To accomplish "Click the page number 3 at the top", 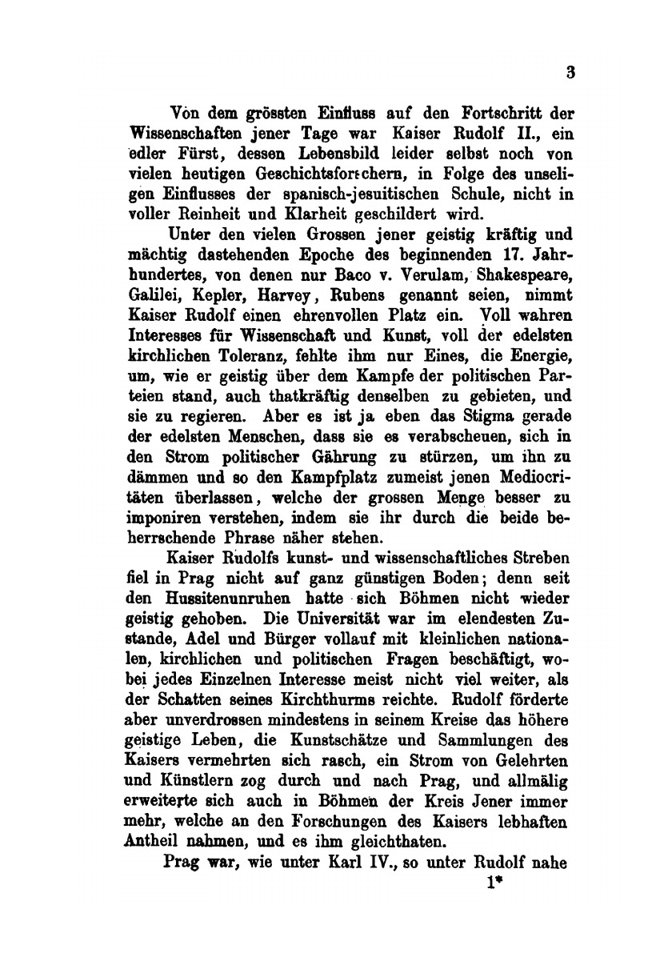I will coord(570,73).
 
